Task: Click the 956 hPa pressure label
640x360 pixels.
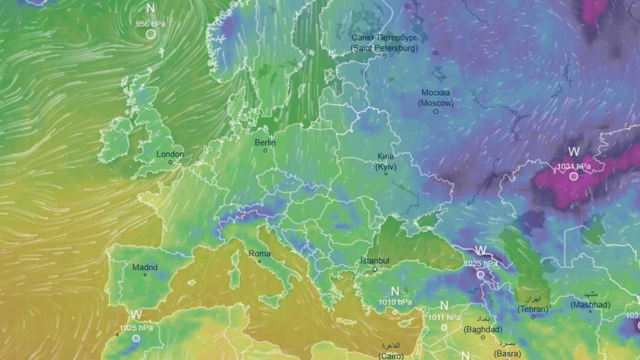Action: click(x=150, y=24)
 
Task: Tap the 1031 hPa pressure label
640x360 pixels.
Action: click(x=574, y=166)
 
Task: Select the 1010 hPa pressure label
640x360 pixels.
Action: click(x=395, y=302)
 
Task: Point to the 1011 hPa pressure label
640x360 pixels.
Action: click(x=444, y=317)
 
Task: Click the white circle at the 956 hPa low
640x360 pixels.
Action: click(x=151, y=34)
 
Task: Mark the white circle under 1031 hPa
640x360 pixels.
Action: click(x=573, y=176)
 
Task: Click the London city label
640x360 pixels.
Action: click(x=170, y=154)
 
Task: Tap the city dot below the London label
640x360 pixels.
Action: click(x=171, y=162)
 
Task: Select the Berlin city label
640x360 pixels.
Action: click(x=265, y=142)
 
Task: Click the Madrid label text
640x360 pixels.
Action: click(x=145, y=267)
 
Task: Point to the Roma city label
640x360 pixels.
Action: click(x=260, y=253)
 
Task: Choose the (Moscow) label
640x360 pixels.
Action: click(x=436, y=103)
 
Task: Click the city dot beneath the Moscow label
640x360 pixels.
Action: click(x=436, y=111)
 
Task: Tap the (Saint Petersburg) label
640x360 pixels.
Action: click(x=384, y=48)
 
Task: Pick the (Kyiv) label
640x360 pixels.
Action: click(x=386, y=166)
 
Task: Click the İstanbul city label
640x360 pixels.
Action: click(x=375, y=261)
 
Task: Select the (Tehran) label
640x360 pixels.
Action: click(x=532, y=309)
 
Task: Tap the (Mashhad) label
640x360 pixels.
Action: click(x=590, y=305)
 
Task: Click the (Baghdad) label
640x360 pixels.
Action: click(x=483, y=330)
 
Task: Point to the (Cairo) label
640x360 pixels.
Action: click(x=391, y=355)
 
